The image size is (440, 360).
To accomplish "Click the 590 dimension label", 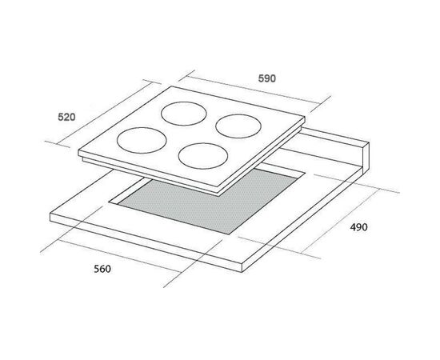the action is (267, 78).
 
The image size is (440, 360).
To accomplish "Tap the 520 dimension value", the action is (66, 117).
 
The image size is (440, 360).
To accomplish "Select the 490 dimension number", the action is (358, 227).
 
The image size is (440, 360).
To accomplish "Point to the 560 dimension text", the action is (102, 269).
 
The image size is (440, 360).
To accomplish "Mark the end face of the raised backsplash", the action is (366, 158).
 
